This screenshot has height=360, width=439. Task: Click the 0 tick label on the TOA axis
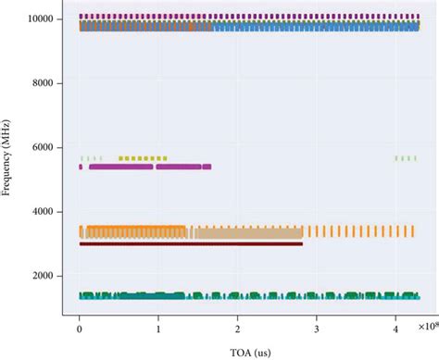[x=80, y=328]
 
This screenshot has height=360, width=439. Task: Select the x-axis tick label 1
[x=158, y=328]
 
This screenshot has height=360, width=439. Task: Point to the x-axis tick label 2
[x=238, y=328]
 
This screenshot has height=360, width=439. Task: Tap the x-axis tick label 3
[x=317, y=328]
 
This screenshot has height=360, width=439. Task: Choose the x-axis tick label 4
[x=395, y=328]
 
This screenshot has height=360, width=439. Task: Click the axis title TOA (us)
[x=249, y=351]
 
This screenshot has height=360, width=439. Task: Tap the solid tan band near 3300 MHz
[x=250, y=232]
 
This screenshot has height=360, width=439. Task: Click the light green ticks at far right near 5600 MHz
[x=405, y=158]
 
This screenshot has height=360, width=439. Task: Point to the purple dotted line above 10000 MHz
[x=249, y=17]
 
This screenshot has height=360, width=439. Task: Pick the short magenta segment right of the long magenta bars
[x=207, y=167]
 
